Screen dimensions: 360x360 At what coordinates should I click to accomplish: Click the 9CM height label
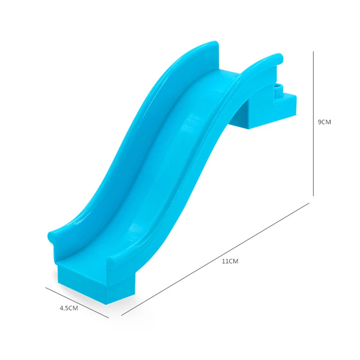click(x=324, y=122)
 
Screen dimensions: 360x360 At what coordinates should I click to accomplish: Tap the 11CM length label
click(x=230, y=261)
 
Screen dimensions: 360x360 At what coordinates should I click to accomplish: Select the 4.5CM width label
click(x=69, y=308)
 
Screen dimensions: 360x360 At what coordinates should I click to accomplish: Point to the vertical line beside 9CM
click(x=313, y=123)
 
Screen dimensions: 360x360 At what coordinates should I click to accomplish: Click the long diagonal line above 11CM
click(x=215, y=259)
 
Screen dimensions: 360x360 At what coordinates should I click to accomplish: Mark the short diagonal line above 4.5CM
click(x=77, y=303)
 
